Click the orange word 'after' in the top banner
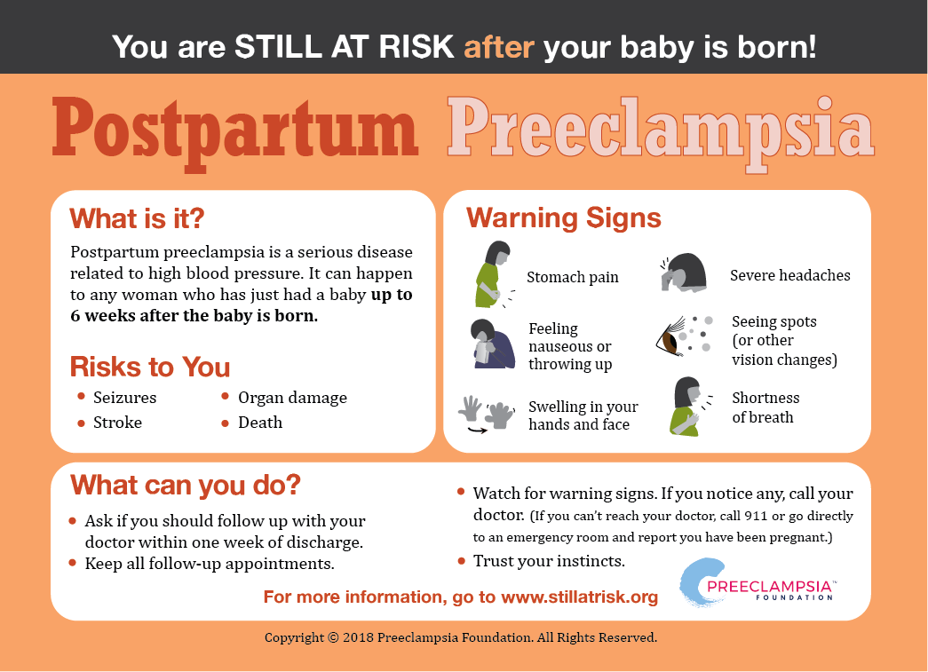point(499,47)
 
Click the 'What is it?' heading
point(138,218)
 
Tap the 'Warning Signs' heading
point(563,218)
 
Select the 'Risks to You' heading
point(150,367)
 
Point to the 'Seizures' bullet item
point(125,398)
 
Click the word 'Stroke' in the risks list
point(118,423)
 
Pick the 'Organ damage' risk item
point(292,398)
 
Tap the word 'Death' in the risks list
point(260,423)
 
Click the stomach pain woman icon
point(494,274)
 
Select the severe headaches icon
point(684,273)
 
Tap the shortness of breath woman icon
point(689,407)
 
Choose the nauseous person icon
point(491,344)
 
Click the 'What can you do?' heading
point(186,485)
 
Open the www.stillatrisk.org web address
point(579,597)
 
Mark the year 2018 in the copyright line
point(358,637)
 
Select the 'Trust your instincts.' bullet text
point(549,561)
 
